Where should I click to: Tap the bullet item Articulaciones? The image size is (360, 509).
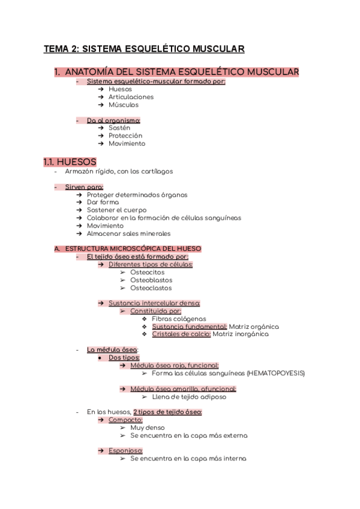click(x=131, y=97)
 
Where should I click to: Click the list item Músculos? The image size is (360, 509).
click(x=124, y=104)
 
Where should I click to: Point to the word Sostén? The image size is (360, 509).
click(x=119, y=128)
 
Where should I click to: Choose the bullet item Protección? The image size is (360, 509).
click(x=125, y=136)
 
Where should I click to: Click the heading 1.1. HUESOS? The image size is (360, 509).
click(x=70, y=161)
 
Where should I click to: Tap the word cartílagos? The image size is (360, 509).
click(x=155, y=171)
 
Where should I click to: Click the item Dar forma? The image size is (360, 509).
click(x=103, y=202)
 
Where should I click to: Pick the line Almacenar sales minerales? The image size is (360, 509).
click(x=128, y=233)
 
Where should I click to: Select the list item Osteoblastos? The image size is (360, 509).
click(x=151, y=280)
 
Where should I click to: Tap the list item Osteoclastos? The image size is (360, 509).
click(x=151, y=288)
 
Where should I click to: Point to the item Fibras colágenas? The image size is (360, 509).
click(x=179, y=319)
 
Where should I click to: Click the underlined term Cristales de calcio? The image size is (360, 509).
click(x=181, y=334)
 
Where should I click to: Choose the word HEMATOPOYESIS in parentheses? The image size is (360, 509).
click(x=275, y=373)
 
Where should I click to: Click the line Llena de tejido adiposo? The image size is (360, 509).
click(x=189, y=396)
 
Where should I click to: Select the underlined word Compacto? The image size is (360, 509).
click(x=125, y=420)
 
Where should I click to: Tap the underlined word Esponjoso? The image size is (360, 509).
click(x=125, y=450)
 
